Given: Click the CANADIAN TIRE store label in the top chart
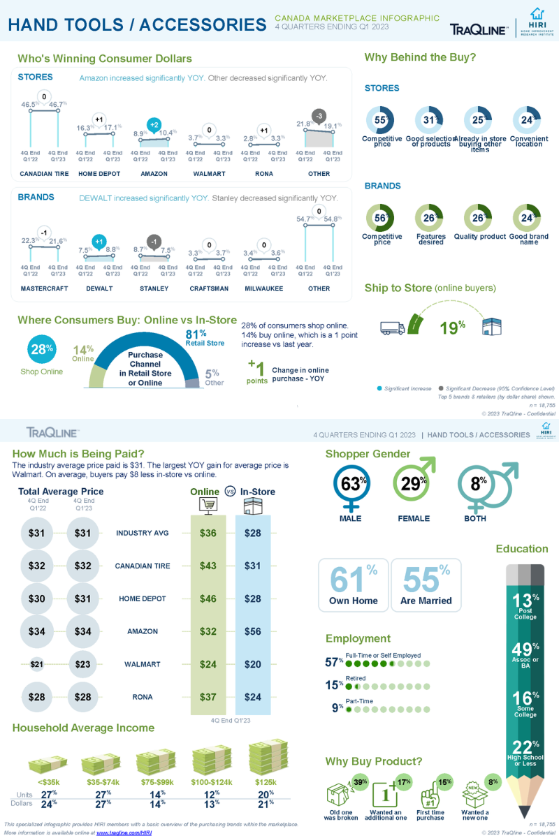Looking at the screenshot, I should point(44,174).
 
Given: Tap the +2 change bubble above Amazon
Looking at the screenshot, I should point(154,124).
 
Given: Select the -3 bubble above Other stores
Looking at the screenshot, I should point(319,116).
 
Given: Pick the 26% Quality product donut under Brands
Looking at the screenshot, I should point(478,218).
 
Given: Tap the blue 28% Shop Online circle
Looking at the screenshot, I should point(41,350).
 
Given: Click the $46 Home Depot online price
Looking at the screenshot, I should point(208,598).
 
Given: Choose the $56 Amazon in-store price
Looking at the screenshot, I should point(252,631).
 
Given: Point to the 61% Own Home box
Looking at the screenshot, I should point(354,585).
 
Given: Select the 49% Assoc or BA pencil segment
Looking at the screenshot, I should point(525,654).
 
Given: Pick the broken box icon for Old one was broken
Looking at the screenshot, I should point(339,795).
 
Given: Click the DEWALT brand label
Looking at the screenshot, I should point(99,288).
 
